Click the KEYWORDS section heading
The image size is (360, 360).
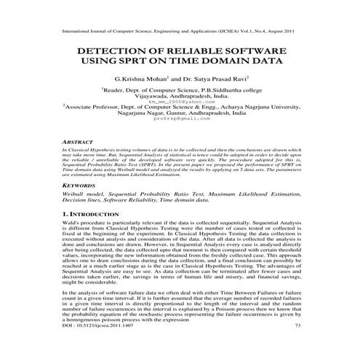pos(78,185)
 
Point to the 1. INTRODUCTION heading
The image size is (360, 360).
pos(92,216)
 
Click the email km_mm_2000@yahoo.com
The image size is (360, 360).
pos(180,101)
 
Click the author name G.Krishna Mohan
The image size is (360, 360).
pos(143,79)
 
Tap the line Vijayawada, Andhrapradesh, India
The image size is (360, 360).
pos(180,96)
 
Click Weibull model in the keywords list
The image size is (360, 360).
pos(81,196)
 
